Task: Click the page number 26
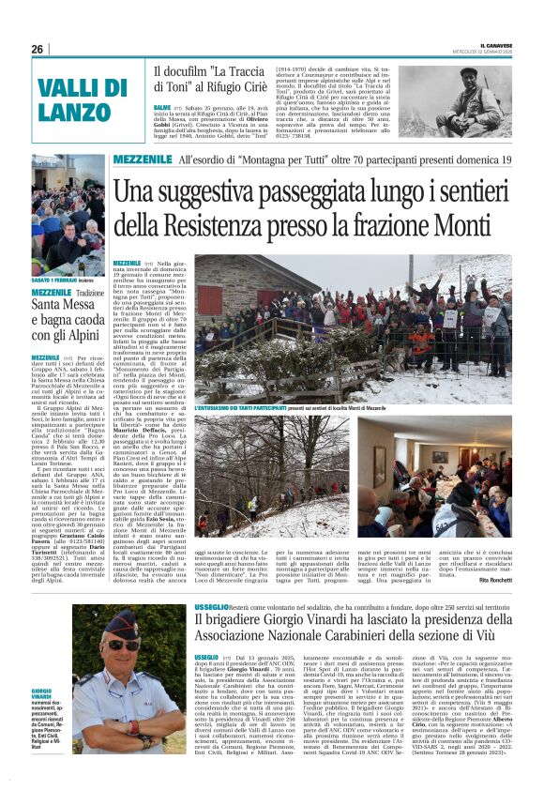click(x=38, y=49)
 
